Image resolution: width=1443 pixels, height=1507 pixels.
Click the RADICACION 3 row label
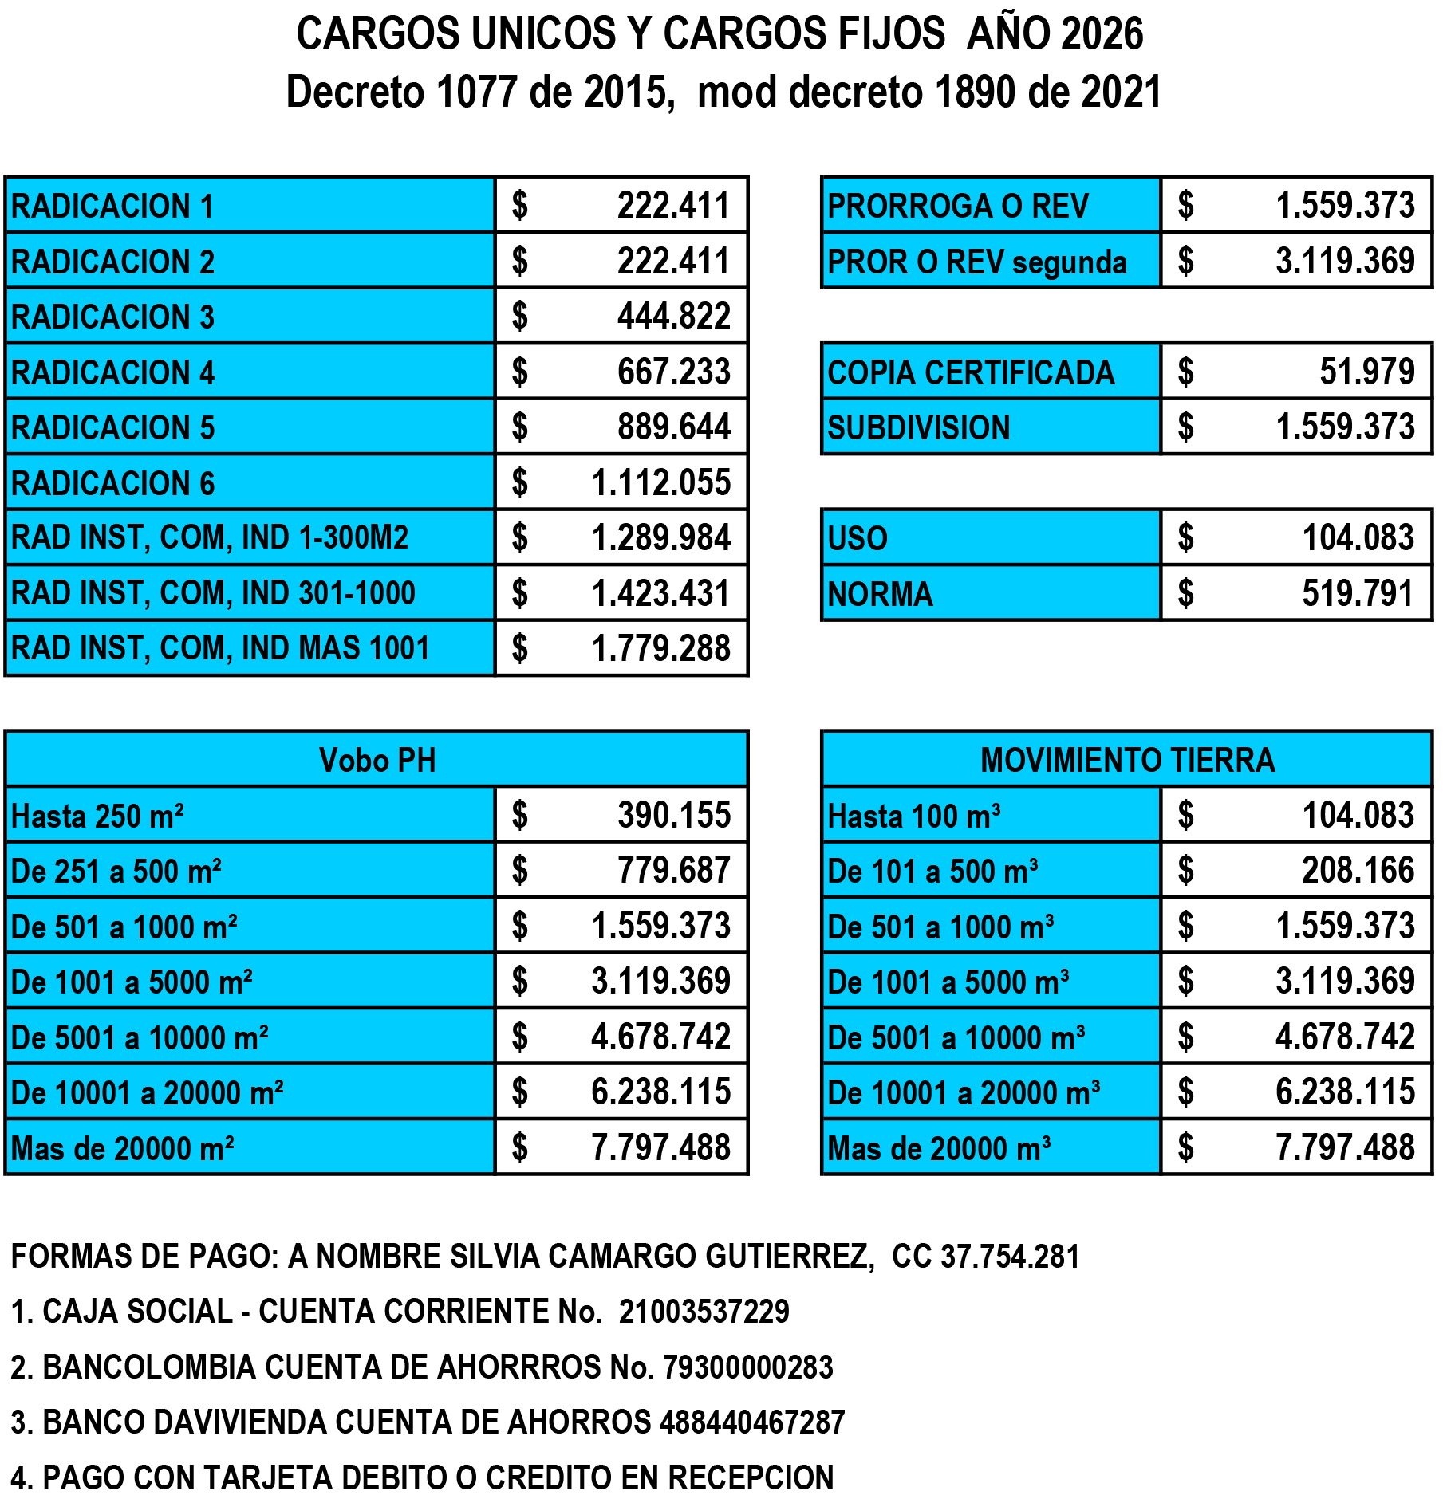click(x=112, y=317)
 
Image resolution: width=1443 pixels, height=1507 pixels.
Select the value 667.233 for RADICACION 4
click(x=673, y=372)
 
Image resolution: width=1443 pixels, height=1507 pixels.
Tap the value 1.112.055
click(x=660, y=482)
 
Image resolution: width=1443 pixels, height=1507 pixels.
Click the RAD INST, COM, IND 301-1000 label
click(x=213, y=593)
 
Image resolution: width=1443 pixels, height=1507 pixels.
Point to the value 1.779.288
click(x=660, y=648)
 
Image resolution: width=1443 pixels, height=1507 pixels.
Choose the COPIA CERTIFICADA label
click(x=970, y=372)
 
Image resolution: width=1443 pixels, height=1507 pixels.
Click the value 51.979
click(x=1366, y=372)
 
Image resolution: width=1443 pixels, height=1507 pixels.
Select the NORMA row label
click(x=880, y=594)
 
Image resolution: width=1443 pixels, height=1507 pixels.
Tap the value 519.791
click(x=1357, y=593)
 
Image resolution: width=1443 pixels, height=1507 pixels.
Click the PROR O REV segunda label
click(x=976, y=262)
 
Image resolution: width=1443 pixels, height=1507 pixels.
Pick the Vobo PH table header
click(x=377, y=760)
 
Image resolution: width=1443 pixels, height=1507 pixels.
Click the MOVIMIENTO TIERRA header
click(x=1127, y=760)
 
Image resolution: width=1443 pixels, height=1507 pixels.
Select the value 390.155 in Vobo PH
click(x=673, y=815)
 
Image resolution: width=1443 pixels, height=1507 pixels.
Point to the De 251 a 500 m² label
click(x=116, y=871)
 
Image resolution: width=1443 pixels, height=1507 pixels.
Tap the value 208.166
click(x=1357, y=870)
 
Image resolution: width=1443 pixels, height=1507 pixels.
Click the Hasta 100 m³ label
click(x=914, y=816)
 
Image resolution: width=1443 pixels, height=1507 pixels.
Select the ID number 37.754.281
click(x=1009, y=1256)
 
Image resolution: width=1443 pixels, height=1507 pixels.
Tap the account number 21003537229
click(x=704, y=1311)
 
